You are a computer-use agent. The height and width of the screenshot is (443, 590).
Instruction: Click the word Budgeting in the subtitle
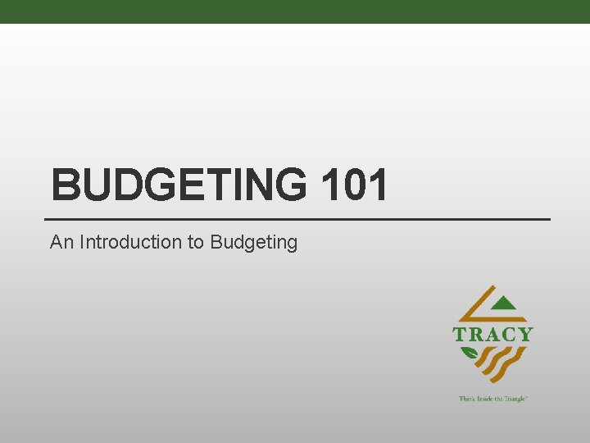coord(253,243)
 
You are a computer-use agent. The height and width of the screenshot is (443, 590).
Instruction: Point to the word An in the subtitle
coord(60,242)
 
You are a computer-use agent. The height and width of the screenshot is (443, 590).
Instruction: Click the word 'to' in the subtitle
coord(196,242)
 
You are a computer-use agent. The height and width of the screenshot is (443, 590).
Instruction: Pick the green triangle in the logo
coord(511,304)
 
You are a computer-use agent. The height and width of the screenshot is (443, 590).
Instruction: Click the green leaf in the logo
coord(470,354)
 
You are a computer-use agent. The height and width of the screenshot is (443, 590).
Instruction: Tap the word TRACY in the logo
coord(492,334)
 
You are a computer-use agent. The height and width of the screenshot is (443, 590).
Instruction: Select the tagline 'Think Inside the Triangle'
coord(492,398)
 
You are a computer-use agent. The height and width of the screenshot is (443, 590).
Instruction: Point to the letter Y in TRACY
coord(524,334)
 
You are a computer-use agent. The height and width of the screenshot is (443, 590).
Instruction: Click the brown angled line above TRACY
coord(479,308)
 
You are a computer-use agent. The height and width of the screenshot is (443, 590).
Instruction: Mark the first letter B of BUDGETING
coord(65,185)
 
